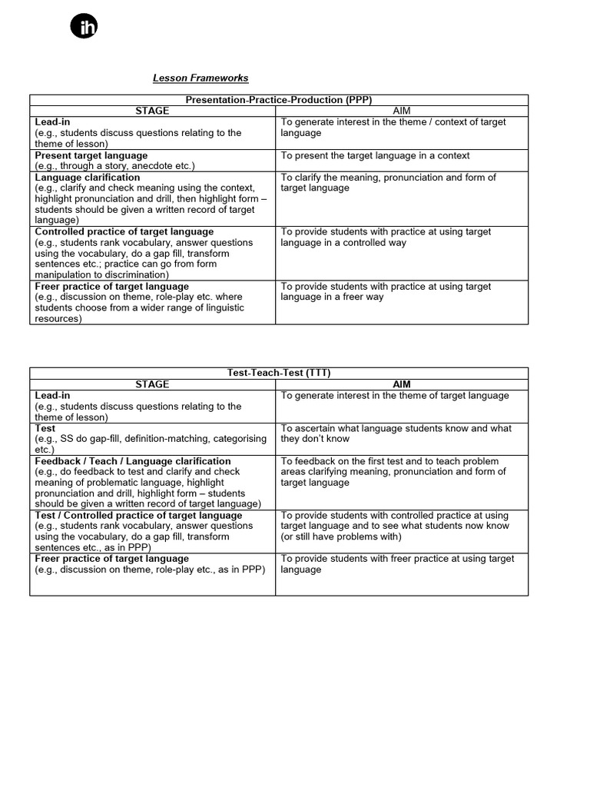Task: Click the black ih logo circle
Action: pos(85,27)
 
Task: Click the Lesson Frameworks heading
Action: pos(201,78)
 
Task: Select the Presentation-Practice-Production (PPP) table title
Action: pos(279,100)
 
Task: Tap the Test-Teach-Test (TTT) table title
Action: pos(279,373)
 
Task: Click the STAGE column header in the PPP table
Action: pos(152,111)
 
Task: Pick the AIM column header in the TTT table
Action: pos(402,384)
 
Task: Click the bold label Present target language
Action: pos(91,155)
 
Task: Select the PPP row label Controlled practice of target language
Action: pos(124,231)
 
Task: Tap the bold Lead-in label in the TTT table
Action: pos(52,395)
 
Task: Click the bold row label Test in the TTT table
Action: pos(45,428)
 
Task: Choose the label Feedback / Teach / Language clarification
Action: pos(133,461)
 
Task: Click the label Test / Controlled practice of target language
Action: pos(138,515)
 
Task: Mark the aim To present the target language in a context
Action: pos(375,155)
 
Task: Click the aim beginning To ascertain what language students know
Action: pos(395,428)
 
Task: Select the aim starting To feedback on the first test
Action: pos(389,461)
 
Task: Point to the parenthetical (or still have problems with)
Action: pos(341,536)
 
